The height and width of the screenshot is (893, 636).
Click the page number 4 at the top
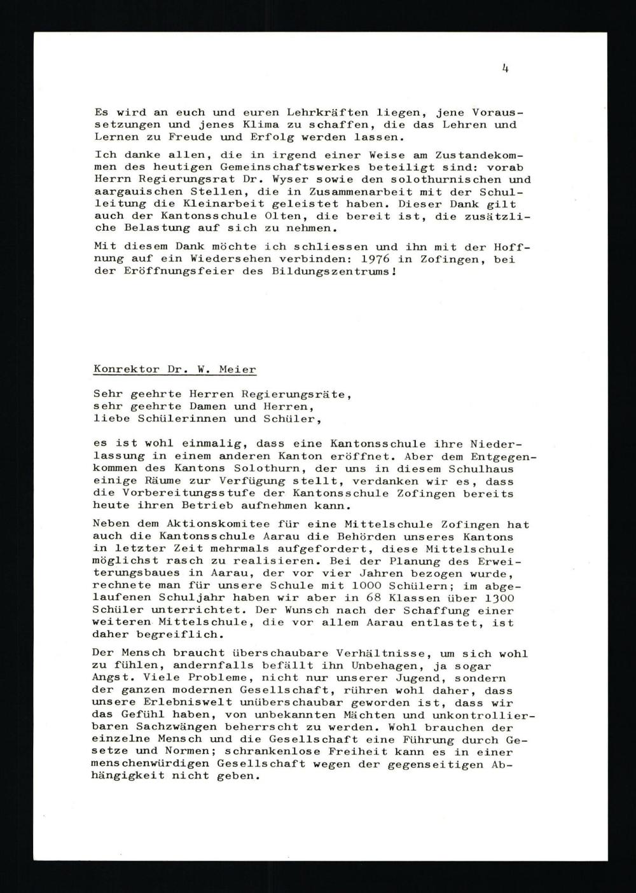click(504, 69)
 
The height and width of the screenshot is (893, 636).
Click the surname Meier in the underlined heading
click(238, 369)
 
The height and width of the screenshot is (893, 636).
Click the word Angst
click(111, 679)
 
